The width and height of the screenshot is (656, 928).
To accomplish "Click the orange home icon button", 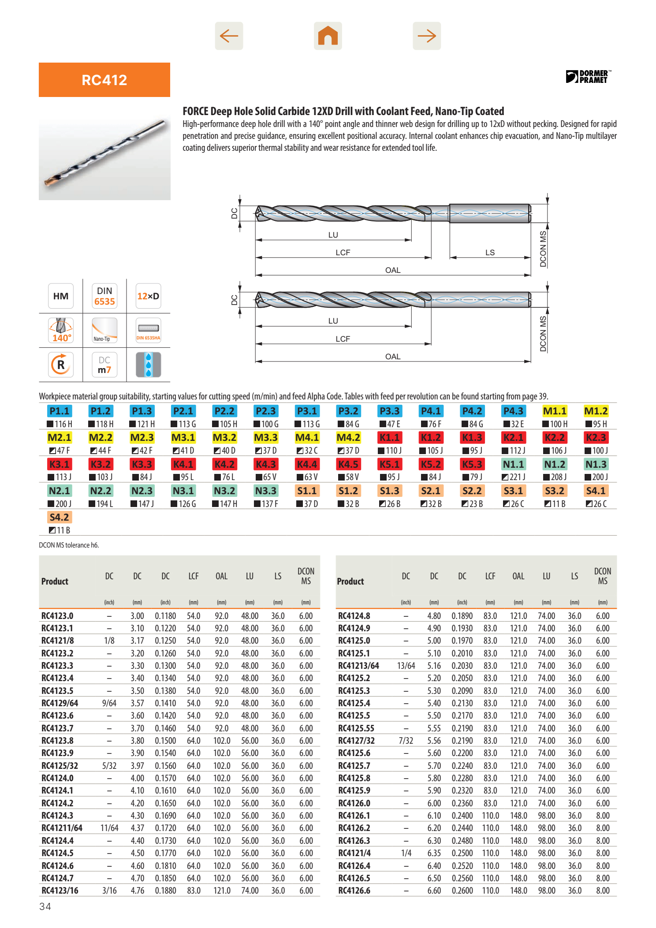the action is (x=328, y=36).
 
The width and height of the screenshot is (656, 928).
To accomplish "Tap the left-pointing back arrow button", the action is (x=229, y=36).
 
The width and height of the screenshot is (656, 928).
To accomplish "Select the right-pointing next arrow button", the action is (x=427, y=36).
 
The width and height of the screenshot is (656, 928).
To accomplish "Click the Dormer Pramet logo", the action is (x=588, y=76).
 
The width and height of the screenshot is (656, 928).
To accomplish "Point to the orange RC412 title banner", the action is (x=104, y=80).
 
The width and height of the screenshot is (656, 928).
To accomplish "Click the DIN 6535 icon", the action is (x=104, y=296).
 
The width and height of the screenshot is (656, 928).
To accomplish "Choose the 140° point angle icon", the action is (x=61, y=330).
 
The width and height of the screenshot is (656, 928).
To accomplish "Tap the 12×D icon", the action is (x=148, y=296).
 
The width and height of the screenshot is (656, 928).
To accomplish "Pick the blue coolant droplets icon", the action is (x=148, y=365).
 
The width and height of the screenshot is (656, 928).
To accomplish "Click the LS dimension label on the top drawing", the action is (x=490, y=253).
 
